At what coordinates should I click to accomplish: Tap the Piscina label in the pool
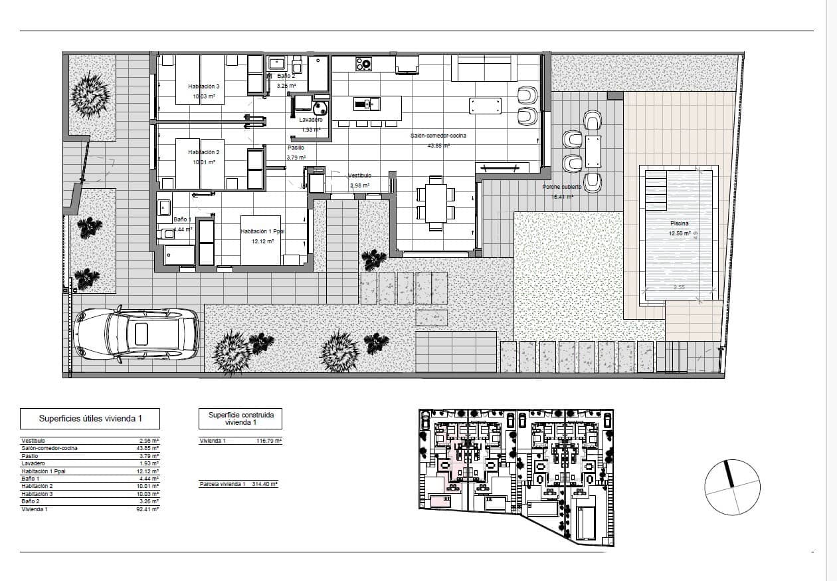point(679,224)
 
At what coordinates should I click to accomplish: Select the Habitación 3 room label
point(203,86)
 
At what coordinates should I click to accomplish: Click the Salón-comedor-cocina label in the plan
point(438,136)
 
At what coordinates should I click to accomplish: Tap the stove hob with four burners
point(363,64)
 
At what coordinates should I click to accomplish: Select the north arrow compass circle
point(732,488)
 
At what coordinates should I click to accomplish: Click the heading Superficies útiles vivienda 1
point(90,419)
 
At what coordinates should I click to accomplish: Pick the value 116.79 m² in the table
point(269,441)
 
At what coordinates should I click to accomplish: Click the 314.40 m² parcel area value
point(264,484)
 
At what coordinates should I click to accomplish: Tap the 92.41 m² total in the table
point(147,509)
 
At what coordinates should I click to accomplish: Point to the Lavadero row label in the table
point(33,463)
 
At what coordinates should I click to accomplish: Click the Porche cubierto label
point(561,187)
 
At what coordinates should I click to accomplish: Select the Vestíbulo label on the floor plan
point(360,176)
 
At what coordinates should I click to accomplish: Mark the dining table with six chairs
point(436,203)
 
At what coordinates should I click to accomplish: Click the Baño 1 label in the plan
point(182,219)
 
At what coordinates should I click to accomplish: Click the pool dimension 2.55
point(678,287)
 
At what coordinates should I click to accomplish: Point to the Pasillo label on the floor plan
point(296,148)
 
